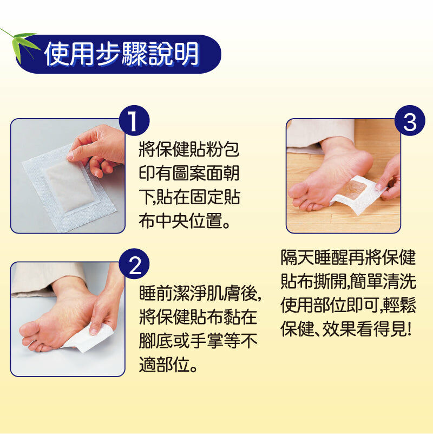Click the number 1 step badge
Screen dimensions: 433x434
tap(134, 121)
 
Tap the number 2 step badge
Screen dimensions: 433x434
tap(134, 264)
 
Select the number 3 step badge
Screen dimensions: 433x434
tap(410, 121)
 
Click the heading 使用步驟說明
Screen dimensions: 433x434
tap(121, 54)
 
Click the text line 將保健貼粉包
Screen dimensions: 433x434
tap(189, 150)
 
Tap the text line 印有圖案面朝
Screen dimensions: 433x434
tap(189, 173)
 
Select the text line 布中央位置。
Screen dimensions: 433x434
tap(185, 221)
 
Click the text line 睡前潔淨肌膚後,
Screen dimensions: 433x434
tap(200, 293)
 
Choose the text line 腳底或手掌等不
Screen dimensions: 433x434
tap(198, 341)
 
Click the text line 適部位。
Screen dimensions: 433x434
tap(168, 365)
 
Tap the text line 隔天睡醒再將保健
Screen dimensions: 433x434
tap(349, 258)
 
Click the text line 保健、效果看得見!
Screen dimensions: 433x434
tap(346, 329)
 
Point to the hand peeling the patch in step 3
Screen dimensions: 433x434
tap(389, 180)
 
